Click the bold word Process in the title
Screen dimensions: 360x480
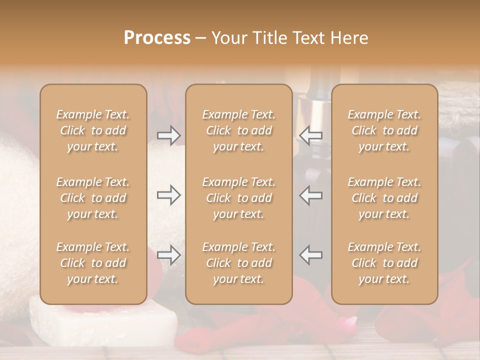(x=157, y=38)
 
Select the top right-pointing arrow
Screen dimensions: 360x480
(x=169, y=135)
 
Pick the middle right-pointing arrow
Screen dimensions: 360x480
(x=169, y=195)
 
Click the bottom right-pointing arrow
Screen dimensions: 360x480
(x=169, y=255)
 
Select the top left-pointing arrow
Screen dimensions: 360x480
(x=310, y=135)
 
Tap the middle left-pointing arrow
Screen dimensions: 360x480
(x=310, y=195)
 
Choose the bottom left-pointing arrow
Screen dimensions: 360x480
(x=310, y=255)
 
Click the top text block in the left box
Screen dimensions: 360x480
(x=93, y=130)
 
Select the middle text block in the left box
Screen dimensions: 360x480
(x=93, y=198)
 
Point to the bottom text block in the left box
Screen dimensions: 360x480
(x=93, y=263)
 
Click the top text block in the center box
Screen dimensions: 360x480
(x=239, y=130)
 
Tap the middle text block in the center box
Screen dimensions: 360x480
(x=239, y=198)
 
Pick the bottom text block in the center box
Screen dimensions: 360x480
(x=239, y=263)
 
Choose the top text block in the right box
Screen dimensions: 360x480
(x=384, y=130)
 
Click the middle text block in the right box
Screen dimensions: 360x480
(x=384, y=198)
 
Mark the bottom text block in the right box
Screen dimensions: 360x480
(x=384, y=263)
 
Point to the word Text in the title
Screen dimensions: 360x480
(x=308, y=38)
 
